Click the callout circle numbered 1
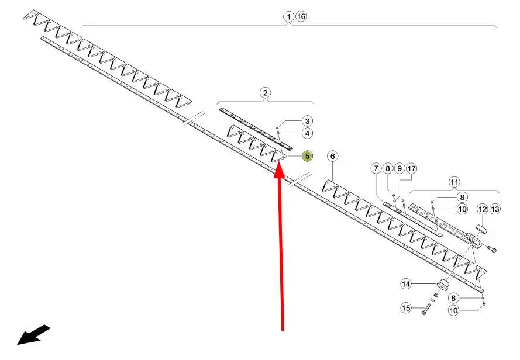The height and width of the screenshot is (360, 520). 289,16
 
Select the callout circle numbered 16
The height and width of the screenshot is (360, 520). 301,16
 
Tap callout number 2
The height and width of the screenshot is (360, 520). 266,92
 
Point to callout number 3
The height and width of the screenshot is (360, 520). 307,121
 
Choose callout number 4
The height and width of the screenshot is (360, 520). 307,134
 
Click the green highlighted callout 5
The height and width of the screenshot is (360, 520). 307,156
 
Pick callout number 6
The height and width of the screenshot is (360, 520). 332,156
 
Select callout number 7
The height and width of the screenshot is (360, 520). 376,169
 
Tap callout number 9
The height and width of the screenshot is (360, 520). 400,169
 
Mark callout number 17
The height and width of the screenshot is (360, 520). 412,169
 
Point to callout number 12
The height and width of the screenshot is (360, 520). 483,209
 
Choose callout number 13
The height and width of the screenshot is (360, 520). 495,209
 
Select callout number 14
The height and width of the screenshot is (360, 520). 406,284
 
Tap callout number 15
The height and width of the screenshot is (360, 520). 406,308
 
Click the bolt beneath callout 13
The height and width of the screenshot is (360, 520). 491,250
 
